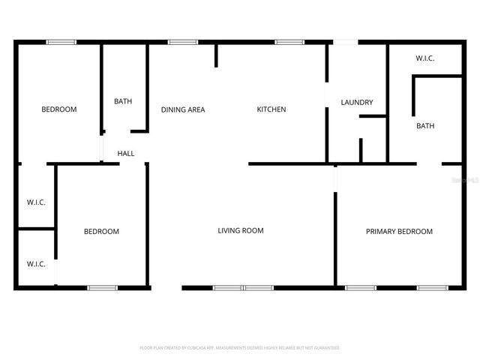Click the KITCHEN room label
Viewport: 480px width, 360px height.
[271, 109]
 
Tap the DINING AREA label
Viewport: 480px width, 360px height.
[183, 109]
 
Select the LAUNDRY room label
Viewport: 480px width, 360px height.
[357, 103]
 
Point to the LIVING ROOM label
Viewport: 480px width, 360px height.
[241, 231]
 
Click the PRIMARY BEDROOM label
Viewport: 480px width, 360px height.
[399, 232]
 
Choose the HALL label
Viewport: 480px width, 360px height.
[126, 154]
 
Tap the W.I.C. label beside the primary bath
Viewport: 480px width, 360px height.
[425, 58]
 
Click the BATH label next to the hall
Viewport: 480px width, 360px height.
[123, 101]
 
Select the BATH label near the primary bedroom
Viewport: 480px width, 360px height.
[425, 126]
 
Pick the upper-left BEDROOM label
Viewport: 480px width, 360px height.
[59, 109]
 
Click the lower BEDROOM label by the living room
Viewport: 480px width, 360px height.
[101, 232]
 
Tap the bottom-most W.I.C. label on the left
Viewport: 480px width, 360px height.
[36, 264]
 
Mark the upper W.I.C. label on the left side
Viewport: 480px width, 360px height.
[36, 202]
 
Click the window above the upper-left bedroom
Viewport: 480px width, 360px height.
[61, 42]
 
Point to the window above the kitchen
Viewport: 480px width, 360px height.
[289, 42]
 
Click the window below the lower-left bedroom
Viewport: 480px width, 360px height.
[103, 288]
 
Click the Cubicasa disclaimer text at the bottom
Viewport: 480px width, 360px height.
[240, 348]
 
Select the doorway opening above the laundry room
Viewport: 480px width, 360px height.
[345, 42]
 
